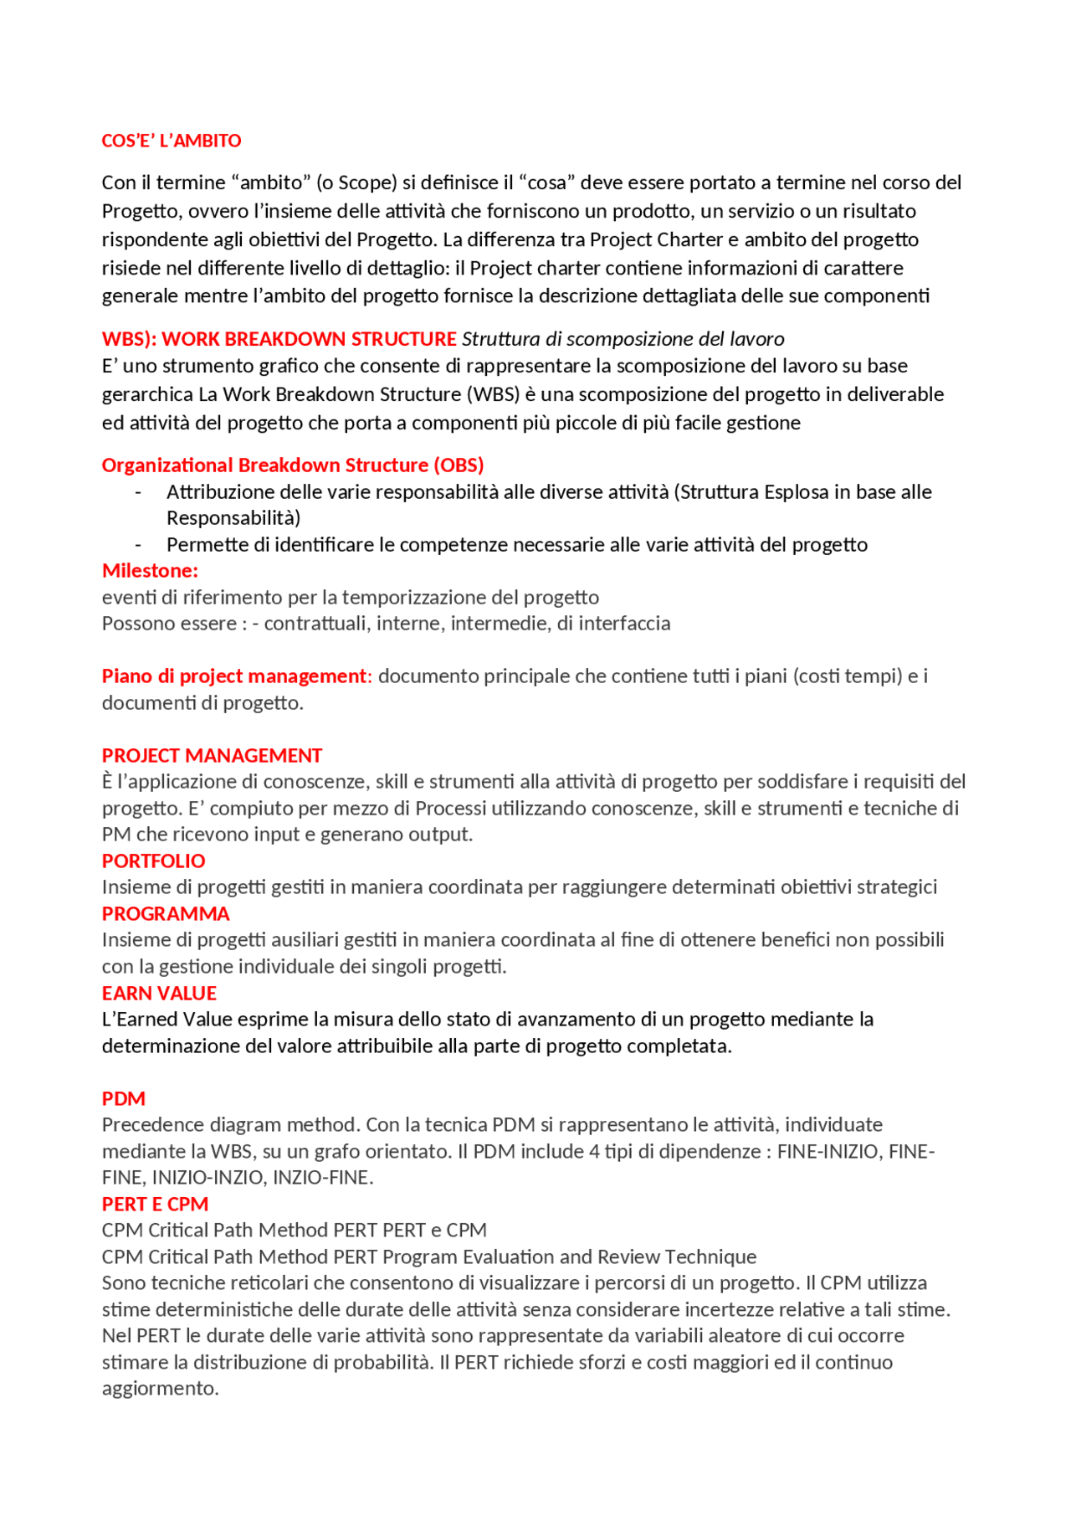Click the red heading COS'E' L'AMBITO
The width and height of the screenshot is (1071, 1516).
click(171, 141)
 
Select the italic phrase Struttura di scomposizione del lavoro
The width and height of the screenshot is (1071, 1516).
click(623, 339)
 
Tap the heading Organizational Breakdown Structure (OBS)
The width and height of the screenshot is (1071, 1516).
click(293, 465)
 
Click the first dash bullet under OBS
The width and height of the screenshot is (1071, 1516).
click(138, 492)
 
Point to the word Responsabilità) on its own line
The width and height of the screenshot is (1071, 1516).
click(233, 518)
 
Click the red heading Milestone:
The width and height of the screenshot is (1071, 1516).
click(150, 571)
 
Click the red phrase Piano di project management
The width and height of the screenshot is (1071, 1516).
click(233, 676)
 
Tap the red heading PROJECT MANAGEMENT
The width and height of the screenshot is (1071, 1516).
click(212, 755)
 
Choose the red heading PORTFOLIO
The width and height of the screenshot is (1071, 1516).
click(153, 861)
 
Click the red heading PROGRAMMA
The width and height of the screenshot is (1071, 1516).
click(165, 913)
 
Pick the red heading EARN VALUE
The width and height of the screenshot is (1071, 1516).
click(159, 993)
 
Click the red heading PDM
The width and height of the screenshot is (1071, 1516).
click(123, 1098)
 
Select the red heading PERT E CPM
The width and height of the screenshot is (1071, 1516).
click(155, 1204)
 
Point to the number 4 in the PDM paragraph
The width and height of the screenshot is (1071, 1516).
click(594, 1151)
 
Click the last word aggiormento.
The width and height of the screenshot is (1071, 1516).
click(160, 1388)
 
